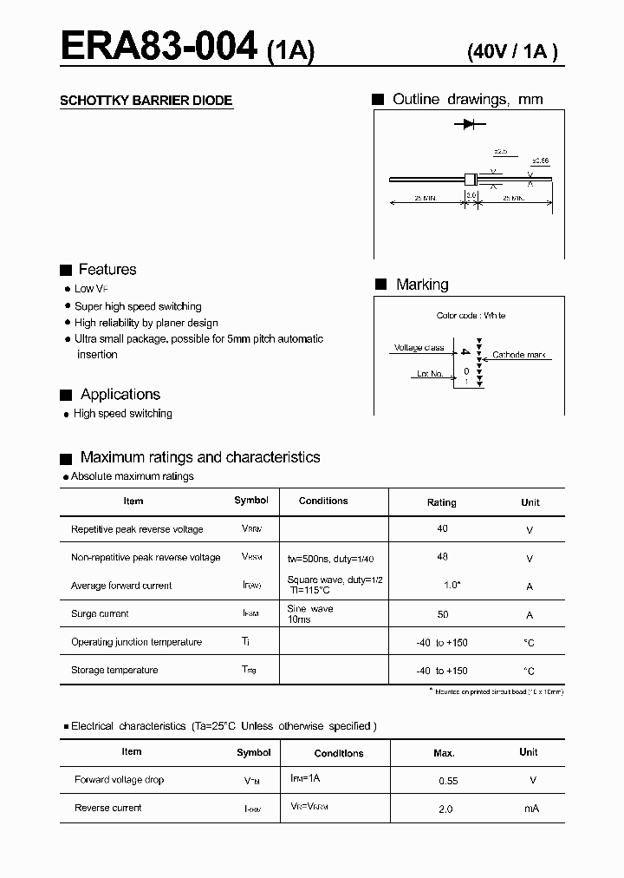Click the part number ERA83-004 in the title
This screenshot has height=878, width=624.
pos(159,45)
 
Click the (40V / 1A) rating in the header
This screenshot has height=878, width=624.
pos(511,51)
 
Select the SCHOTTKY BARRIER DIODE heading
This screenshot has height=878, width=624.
pos(146,101)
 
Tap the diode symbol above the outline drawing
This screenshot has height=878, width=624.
pos(468,125)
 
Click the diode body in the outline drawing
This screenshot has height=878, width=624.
pos(471,180)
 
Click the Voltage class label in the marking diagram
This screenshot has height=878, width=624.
pos(419,348)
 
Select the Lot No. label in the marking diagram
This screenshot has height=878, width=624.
pos(430,374)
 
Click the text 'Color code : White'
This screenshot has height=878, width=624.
pos(471,316)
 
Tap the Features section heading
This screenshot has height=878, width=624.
pos(107,270)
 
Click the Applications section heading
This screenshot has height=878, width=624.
pos(120,395)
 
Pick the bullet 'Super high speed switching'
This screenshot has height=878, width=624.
pos(138,306)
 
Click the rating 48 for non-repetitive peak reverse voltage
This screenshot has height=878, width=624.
pos(443,557)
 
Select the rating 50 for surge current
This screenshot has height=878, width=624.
pos(443,614)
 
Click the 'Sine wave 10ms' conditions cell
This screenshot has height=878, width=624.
pos(310,614)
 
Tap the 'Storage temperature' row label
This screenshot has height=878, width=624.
pos(114,670)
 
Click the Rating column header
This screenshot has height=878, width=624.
pos(441,502)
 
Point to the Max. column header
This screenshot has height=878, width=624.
pos(444,753)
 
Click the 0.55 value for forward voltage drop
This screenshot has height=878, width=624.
pos(448,781)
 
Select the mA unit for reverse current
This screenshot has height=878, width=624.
pos(530,809)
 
